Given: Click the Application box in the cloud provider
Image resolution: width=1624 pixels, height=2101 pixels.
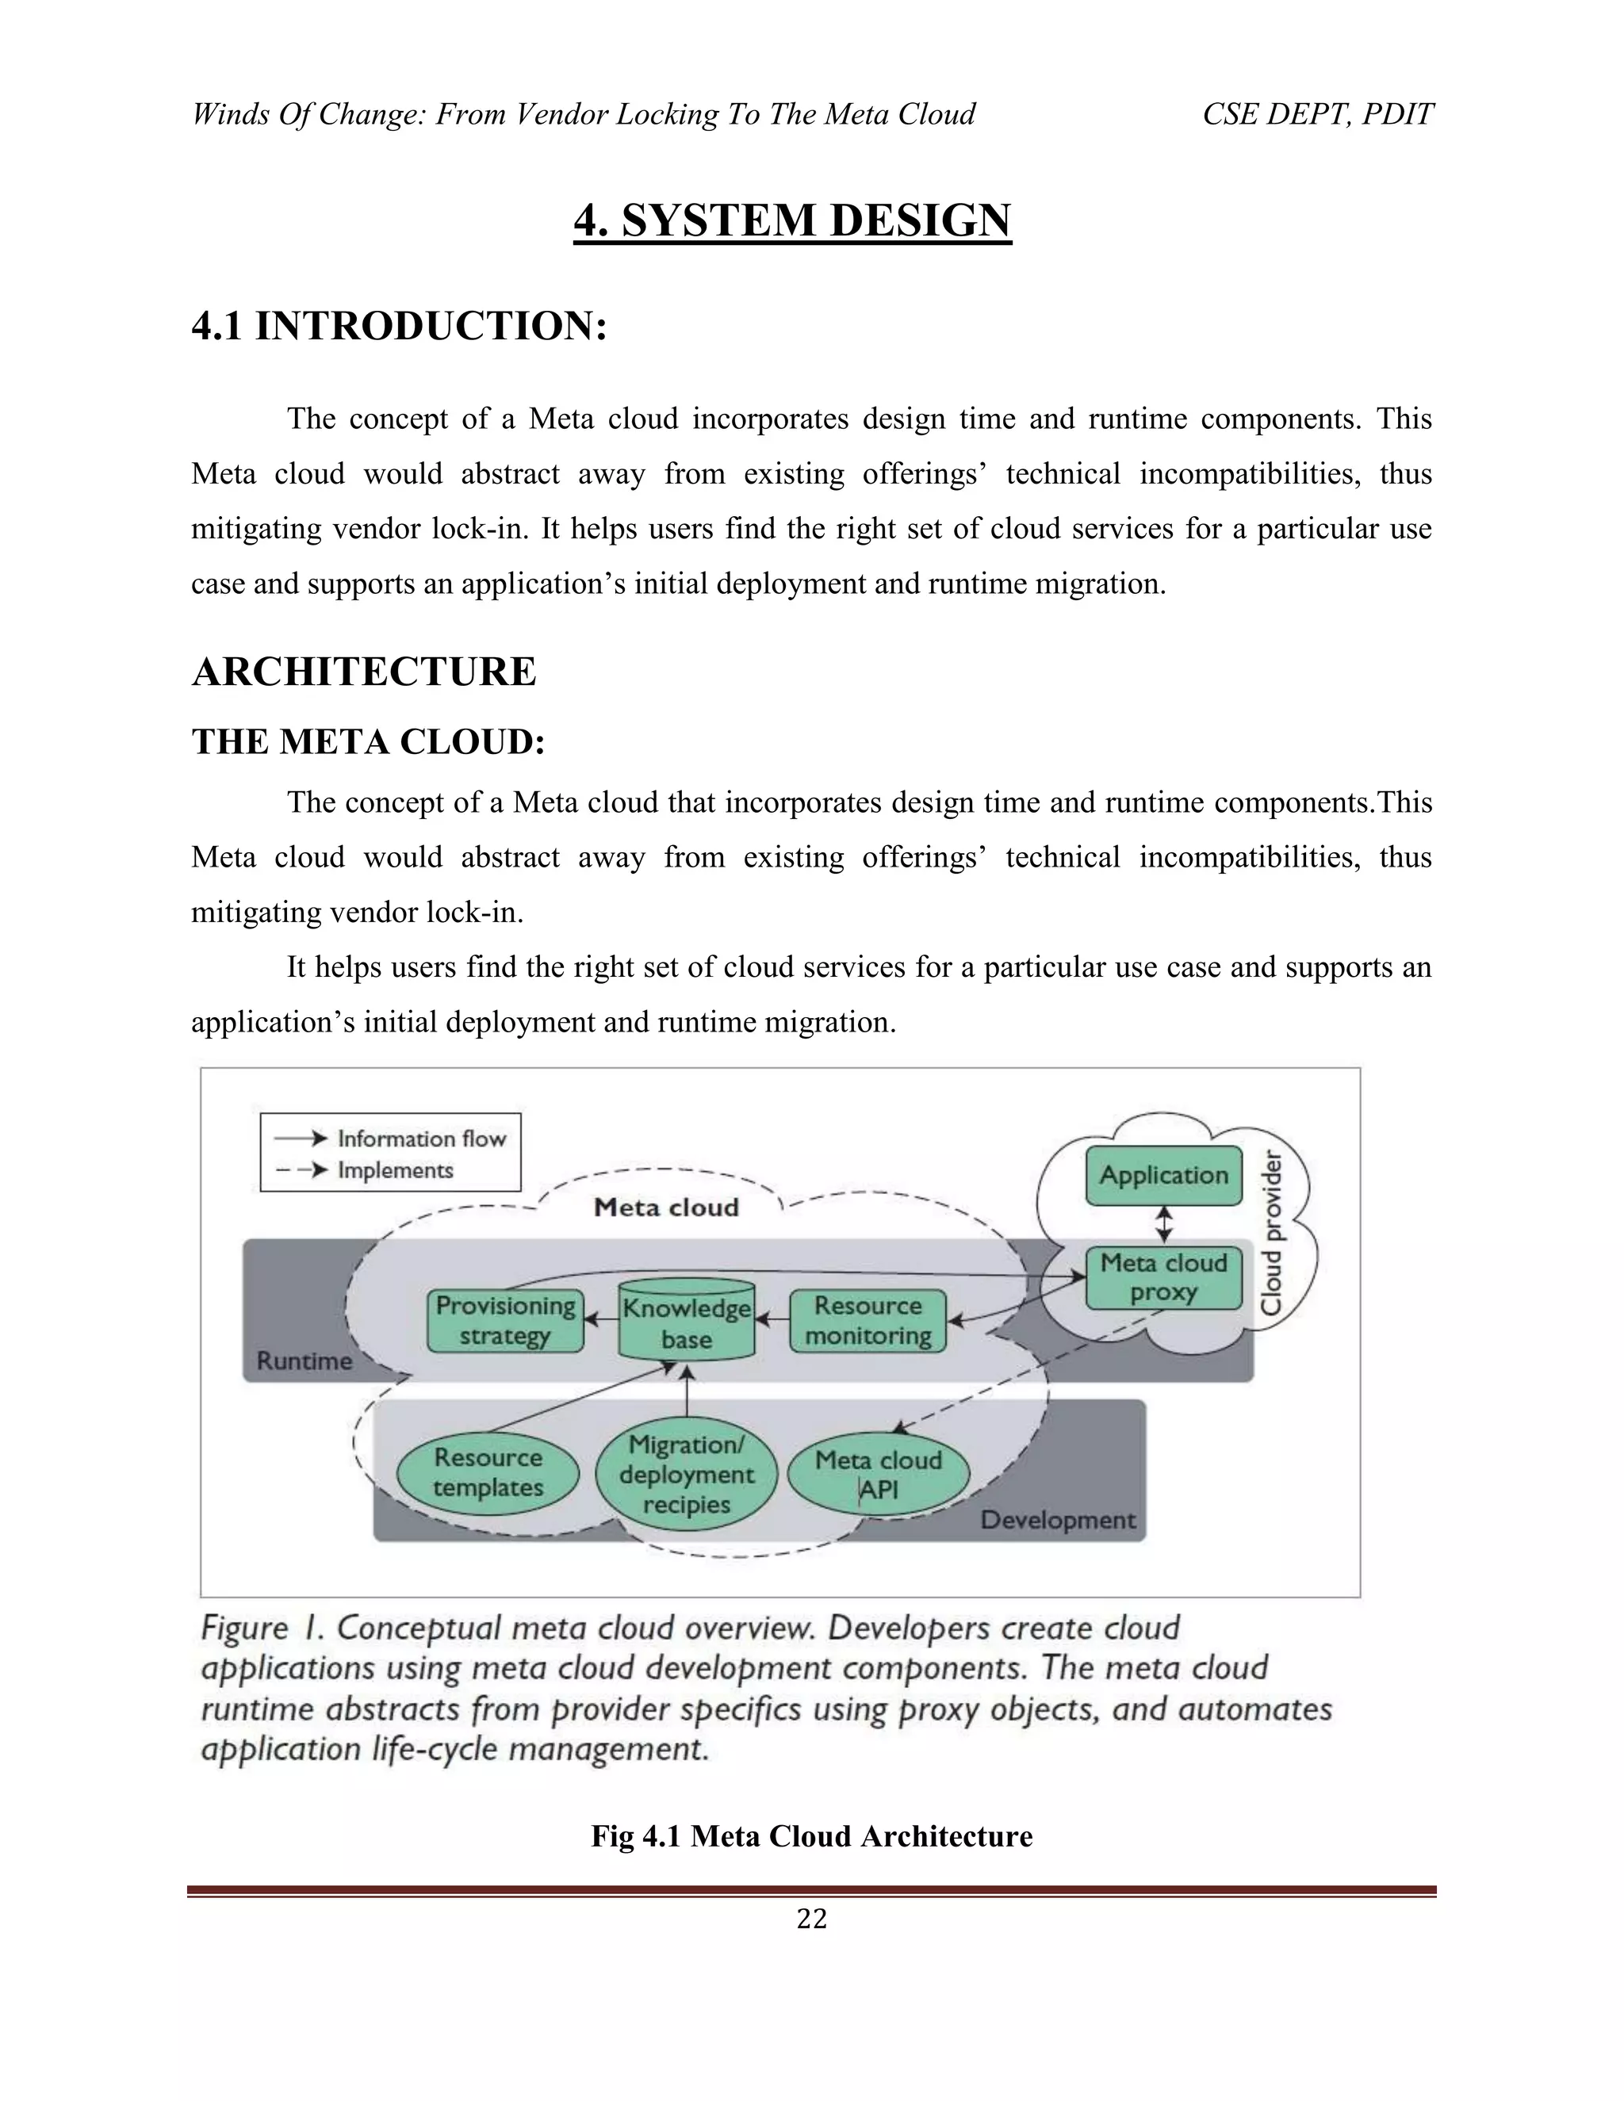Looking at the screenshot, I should point(1163,1175).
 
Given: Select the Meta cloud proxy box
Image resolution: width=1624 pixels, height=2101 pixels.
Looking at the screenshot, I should point(1163,1277).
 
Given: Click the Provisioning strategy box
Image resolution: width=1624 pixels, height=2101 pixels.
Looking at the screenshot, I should point(505,1320).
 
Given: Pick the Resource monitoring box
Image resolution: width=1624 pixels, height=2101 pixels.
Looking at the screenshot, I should point(868,1320).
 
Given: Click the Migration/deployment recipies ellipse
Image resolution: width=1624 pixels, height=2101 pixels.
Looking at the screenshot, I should point(686,1474).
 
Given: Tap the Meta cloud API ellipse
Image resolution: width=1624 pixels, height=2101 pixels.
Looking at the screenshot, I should point(878,1474).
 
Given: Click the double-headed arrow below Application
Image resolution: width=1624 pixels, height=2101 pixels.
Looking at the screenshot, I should point(1164,1226).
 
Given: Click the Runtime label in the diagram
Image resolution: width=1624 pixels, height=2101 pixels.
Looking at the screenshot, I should point(304,1361).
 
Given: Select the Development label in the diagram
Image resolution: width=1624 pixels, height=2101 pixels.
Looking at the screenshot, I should point(1057,1520).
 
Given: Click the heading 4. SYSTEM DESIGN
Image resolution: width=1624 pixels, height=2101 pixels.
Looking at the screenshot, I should point(792,220).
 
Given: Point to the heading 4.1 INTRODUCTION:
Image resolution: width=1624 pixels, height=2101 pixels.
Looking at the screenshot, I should point(400,326).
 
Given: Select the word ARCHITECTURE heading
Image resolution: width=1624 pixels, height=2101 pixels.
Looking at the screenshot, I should point(364,672).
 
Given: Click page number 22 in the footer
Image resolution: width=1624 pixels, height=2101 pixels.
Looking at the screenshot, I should point(811,1919).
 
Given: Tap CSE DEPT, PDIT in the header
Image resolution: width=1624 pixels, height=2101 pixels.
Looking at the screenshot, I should point(1317,114).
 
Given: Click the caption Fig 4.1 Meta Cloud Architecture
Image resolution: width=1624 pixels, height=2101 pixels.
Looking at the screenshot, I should point(811,1835).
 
